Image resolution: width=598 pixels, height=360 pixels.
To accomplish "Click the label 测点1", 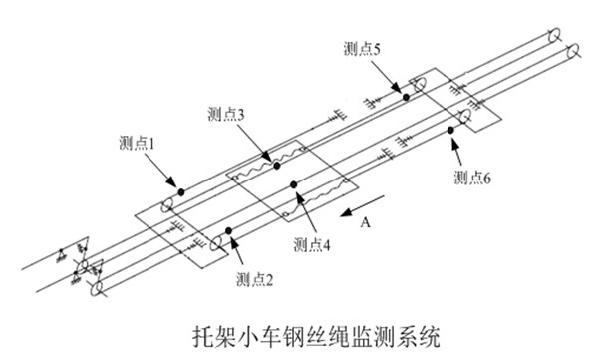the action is click(137, 144).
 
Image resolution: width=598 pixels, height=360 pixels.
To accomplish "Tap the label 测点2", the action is click(254, 280).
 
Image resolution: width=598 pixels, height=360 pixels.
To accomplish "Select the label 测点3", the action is click(226, 114).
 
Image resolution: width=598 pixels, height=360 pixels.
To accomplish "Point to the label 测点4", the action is click(312, 244).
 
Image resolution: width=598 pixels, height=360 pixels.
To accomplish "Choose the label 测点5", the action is click(362, 49).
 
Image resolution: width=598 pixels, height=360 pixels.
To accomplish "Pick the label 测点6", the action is click(472, 178).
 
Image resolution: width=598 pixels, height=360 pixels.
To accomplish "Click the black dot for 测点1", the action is click(181, 192).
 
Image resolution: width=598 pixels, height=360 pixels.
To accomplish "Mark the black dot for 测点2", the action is click(229, 231).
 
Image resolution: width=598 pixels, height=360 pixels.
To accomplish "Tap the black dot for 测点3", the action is click(277, 166).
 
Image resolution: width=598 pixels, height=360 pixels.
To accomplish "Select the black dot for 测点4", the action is click(293, 185).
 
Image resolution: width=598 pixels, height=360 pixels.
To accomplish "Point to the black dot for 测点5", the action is click(407, 98).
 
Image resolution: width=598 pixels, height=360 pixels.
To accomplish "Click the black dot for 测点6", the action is click(450, 131).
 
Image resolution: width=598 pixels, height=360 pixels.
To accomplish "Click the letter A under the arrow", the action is click(366, 222).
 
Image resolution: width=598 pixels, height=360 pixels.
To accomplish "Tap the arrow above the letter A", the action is click(363, 206).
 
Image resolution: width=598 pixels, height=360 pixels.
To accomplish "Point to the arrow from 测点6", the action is click(458, 152).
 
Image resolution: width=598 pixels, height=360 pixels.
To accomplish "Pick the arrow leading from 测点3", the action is click(253, 142).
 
